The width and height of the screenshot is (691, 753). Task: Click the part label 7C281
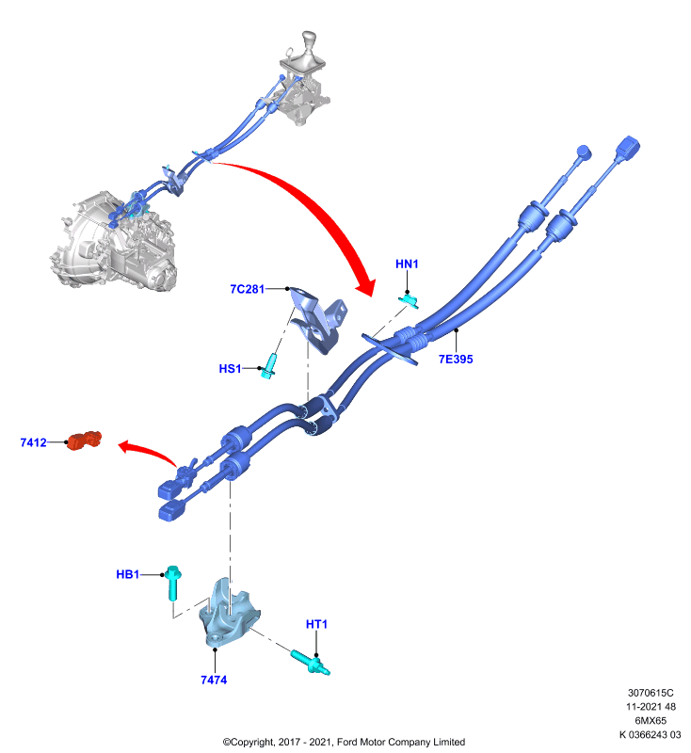(248, 289)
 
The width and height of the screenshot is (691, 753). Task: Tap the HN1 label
(407, 264)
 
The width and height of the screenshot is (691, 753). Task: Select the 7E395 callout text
(456, 360)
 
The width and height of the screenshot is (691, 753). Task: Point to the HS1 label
(230, 369)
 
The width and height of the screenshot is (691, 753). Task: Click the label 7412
(34, 442)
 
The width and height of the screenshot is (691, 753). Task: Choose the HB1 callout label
(128, 574)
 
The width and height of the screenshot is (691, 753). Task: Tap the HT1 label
(316, 624)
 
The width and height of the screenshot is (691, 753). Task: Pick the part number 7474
(214, 680)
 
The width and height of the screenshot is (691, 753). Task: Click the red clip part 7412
(84, 441)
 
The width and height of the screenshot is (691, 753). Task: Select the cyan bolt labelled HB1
(173, 583)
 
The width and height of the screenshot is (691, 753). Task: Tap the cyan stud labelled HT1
(311, 662)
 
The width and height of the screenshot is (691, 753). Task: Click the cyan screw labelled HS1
(269, 366)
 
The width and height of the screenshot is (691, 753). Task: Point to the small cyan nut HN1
(410, 300)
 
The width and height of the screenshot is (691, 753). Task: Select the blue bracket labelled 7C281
(318, 319)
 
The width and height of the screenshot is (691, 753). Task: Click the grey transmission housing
(113, 243)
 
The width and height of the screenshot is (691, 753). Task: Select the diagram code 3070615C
(651, 693)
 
